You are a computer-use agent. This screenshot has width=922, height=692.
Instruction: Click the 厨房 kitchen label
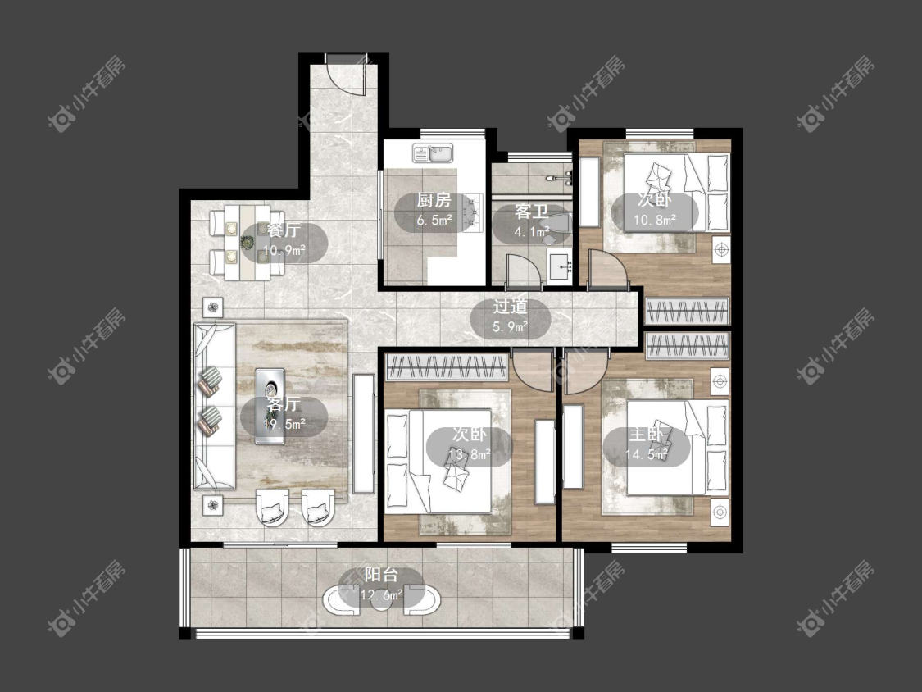tap(434, 201)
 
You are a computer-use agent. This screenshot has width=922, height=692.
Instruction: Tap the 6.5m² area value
tap(434, 221)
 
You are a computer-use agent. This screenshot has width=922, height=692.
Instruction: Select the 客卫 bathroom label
tap(532, 212)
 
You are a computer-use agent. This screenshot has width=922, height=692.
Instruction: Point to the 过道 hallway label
tap(510, 307)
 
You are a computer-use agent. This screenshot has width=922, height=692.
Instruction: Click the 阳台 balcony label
tap(382, 574)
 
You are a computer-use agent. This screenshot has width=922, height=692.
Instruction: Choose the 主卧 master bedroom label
tap(647, 435)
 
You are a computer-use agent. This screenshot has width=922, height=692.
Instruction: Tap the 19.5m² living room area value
tap(284, 424)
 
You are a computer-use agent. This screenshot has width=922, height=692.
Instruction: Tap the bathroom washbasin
tap(560, 266)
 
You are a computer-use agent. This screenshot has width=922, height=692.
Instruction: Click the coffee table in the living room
tap(270, 407)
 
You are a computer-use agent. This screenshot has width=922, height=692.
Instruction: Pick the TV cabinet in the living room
tap(364, 434)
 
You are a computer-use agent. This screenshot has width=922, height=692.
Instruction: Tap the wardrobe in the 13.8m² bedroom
tap(446, 366)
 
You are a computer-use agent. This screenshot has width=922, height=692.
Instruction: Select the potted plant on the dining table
tap(248, 241)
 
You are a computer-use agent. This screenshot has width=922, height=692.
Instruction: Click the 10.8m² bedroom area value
tap(655, 221)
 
